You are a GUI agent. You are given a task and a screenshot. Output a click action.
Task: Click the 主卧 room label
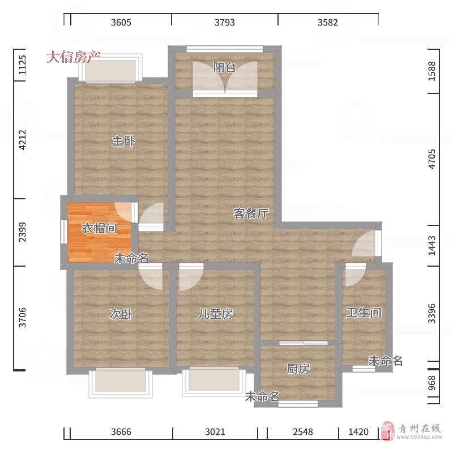123,141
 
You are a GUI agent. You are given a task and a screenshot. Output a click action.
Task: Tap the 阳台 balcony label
224,67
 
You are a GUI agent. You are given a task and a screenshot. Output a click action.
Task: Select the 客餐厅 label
251,213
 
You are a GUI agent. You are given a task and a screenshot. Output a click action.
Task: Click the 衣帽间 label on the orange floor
100,229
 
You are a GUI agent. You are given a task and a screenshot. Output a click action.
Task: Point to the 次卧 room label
121,314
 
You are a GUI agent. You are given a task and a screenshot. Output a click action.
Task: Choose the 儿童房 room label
215,314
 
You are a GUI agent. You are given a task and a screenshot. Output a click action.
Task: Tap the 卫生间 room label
364,313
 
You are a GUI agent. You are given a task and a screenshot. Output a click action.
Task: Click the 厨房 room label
298,369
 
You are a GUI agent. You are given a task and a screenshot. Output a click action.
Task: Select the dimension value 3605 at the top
121,22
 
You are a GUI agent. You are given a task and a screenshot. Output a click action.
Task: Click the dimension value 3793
224,22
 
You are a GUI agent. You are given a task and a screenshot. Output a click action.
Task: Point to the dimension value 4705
432,159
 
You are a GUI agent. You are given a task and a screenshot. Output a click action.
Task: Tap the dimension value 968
432,383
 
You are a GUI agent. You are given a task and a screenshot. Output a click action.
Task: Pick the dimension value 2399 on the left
22,232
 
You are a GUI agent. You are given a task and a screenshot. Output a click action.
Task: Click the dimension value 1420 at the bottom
358,432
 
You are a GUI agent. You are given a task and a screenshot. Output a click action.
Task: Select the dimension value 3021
215,432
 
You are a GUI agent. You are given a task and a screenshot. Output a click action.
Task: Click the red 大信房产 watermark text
74,57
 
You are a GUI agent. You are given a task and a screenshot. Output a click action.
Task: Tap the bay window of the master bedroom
110,69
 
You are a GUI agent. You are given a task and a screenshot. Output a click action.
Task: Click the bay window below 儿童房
214,381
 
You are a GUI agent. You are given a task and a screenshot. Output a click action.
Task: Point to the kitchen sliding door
304,343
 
